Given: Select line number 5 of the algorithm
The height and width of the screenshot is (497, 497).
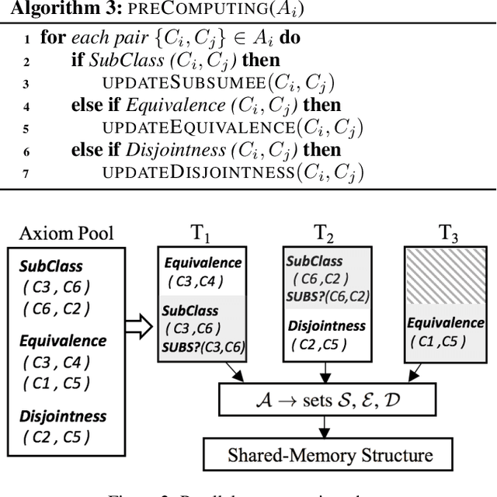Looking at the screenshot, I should click(x=27, y=127).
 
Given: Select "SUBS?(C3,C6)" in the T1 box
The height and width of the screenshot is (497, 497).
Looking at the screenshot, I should click(x=202, y=346).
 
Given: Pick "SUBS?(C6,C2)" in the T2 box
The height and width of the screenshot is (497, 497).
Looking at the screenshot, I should click(x=327, y=295).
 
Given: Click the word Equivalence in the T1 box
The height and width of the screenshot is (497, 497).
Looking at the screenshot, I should click(x=202, y=263).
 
